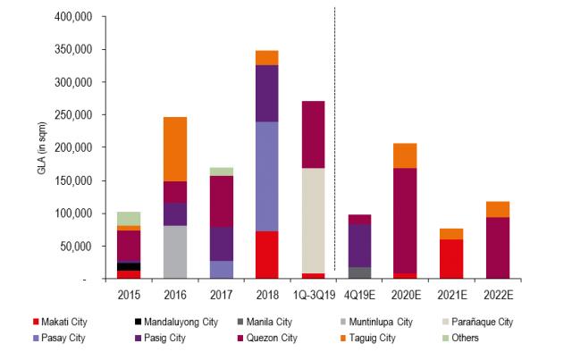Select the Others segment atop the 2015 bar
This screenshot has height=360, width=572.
[x=129, y=218]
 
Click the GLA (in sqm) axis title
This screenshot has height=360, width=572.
[x=42, y=147]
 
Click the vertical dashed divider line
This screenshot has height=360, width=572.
[x=334, y=134]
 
